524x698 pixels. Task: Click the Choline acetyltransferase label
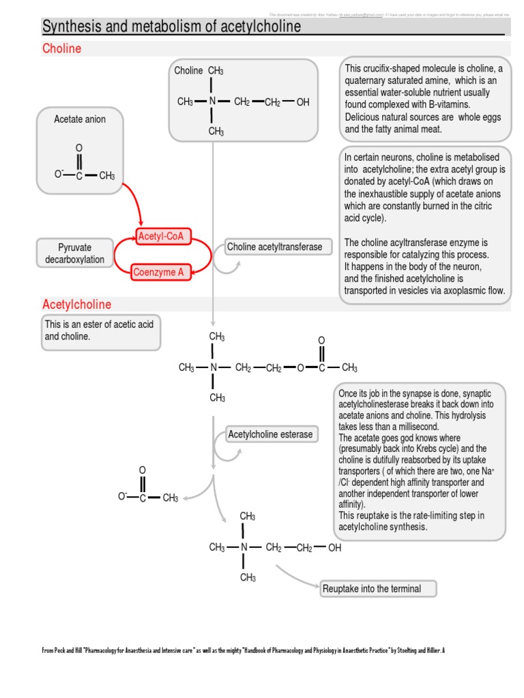[x=274, y=247]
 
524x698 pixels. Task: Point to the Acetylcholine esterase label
[x=271, y=434]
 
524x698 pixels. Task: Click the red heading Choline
[x=61, y=48]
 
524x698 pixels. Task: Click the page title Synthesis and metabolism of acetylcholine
[x=171, y=27]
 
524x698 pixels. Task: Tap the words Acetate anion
[x=80, y=119]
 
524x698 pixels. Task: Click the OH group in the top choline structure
[x=303, y=102]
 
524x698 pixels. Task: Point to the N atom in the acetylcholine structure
[x=214, y=368]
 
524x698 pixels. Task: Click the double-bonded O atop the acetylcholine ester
[x=321, y=340]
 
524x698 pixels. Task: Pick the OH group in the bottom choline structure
[x=334, y=547]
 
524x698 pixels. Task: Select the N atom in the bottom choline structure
[x=244, y=547]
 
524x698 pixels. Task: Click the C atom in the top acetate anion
[x=79, y=176]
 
